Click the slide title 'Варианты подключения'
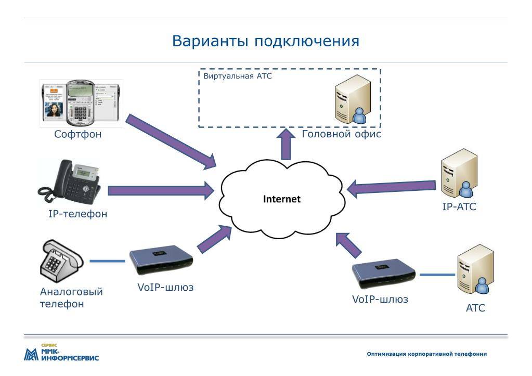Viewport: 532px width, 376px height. pyautogui.click(x=266, y=41)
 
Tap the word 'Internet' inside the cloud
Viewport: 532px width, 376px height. pyautogui.click(x=281, y=198)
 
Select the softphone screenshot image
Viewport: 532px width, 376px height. pyautogui.click(x=82, y=103)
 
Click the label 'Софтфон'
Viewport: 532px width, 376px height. pyautogui.click(x=78, y=135)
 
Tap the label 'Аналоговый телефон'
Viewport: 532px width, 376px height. pyautogui.click(x=71, y=297)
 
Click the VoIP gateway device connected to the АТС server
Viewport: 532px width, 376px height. pyautogui.click(x=384, y=274)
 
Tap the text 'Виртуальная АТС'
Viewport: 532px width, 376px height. pyautogui.click(x=238, y=76)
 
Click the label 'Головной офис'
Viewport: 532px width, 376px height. pyautogui.click(x=341, y=135)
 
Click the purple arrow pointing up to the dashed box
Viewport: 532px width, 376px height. pyautogui.click(x=284, y=144)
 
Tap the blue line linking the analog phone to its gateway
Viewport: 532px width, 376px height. pyautogui.click(x=107, y=261)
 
